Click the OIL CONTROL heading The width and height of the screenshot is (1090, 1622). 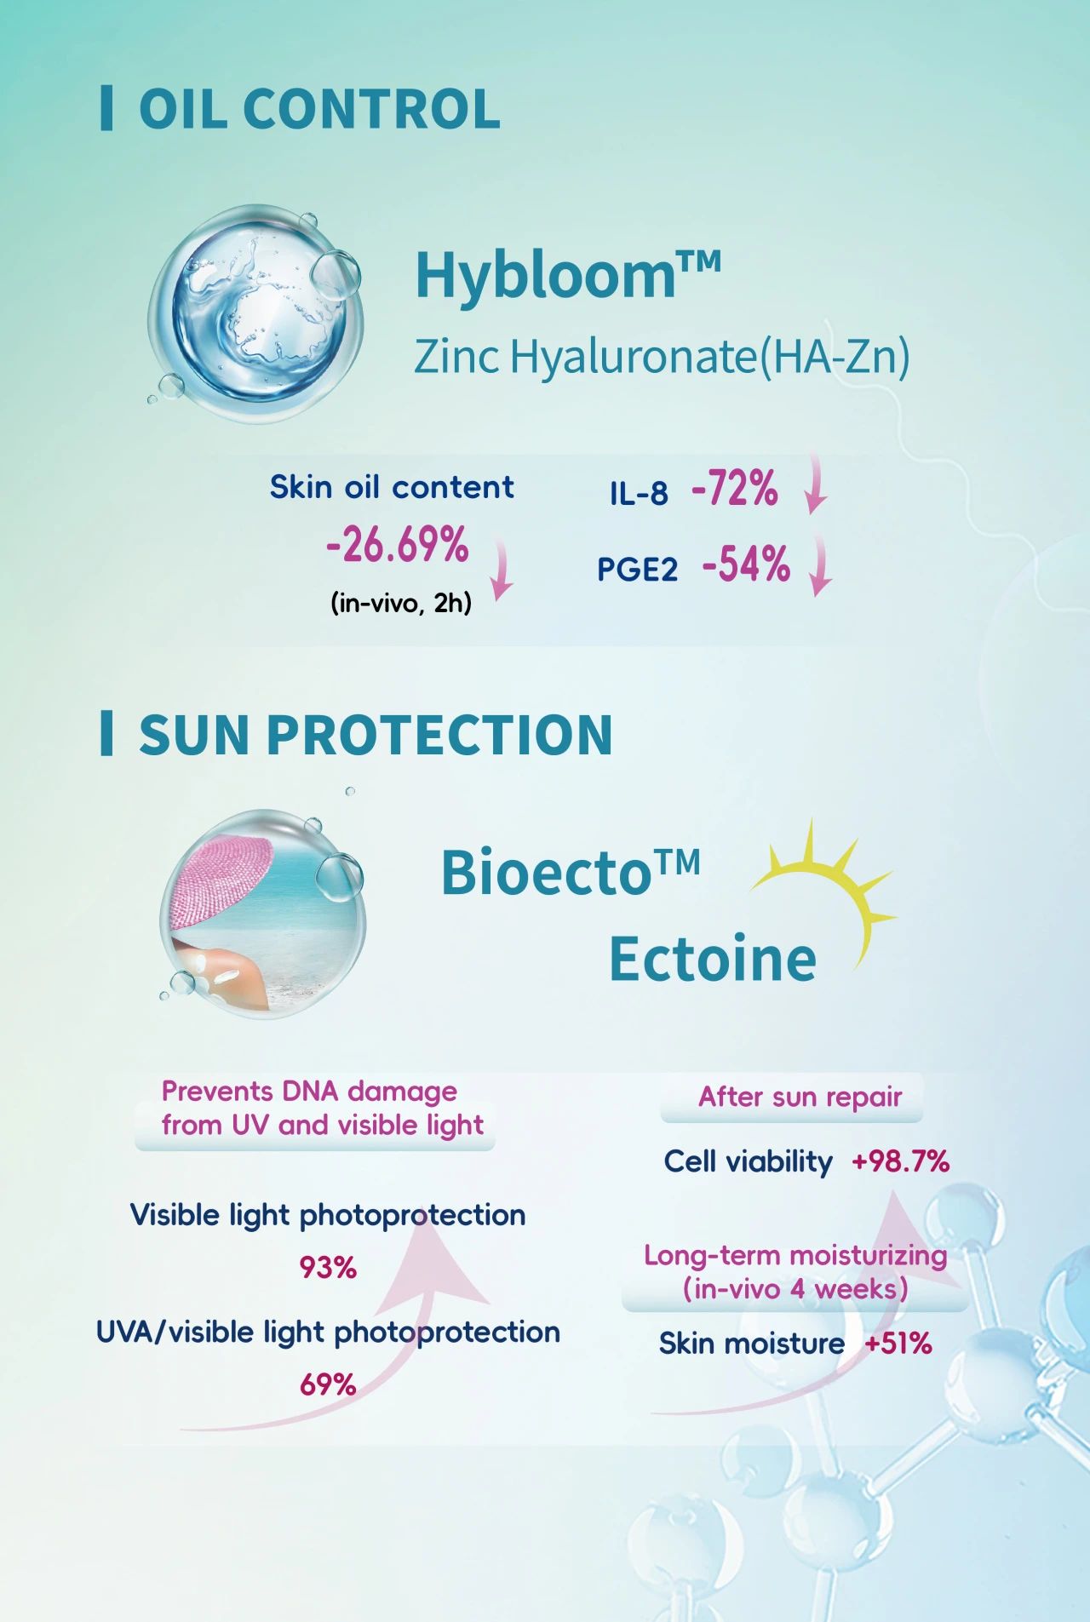pyautogui.click(x=319, y=109)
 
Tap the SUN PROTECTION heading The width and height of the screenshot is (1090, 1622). pyautogui.click(x=376, y=734)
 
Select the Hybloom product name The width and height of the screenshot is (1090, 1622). pyautogui.click(x=568, y=274)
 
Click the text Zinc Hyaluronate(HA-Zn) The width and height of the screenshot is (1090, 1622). pyautogui.click(x=662, y=356)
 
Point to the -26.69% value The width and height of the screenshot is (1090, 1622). pyautogui.click(x=398, y=545)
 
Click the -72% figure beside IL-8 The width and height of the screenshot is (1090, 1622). pyautogui.click(x=735, y=489)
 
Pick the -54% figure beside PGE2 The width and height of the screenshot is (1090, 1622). pyautogui.click(x=746, y=564)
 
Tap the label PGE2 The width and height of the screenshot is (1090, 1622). pyautogui.click(x=637, y=569)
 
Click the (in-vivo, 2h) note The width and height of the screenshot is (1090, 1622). pyautogui.click(x=401, y=604)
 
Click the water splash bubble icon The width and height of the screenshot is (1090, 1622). pyautogui.click(x=255, y=313)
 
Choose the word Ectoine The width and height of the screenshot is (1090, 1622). pyautogui.click(x=713, y=959)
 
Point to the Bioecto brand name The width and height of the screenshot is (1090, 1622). pyautogui.click(x=571, y=872)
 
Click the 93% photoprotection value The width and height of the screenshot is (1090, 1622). pyautogui.click(x=328, y=1268)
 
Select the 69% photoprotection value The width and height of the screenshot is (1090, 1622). pyautogui.click(x=328, y=1385)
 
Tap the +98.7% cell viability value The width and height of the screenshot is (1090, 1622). pyautogui.click(x=901, y=1161)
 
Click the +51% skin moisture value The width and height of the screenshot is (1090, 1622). pyautogui.click(x=898, y=1344)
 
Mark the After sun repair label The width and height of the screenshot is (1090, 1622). pyautogui.click(x=800, y=1097)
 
